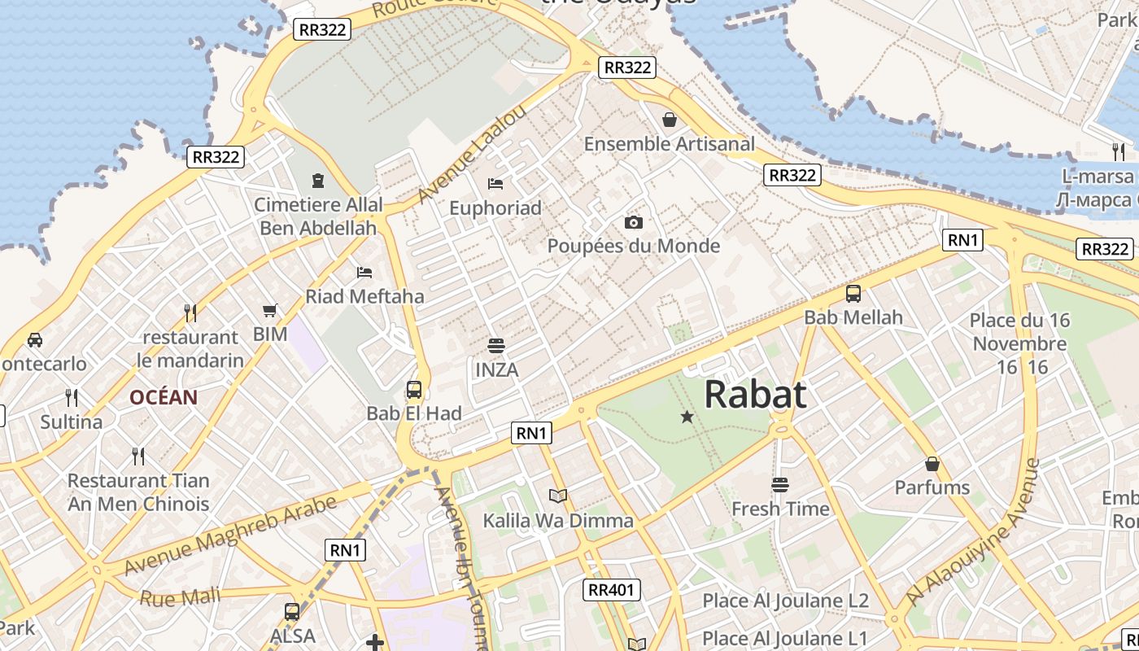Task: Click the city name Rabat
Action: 755,395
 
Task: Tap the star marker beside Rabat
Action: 687,417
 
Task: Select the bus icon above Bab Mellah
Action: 853,294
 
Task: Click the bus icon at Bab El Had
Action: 414,390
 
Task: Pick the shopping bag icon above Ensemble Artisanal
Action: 670,120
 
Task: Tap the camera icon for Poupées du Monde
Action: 634,222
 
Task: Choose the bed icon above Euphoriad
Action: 495,184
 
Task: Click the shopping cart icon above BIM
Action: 270,310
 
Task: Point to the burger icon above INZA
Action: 496,346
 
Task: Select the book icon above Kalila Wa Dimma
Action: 557,496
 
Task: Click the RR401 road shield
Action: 612,590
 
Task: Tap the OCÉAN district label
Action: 164,397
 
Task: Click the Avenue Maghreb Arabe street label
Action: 231,534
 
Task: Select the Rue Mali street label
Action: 180,597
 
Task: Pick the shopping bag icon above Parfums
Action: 932,464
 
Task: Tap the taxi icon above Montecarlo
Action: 35,339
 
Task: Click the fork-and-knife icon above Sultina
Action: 72,398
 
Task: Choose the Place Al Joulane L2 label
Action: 785,601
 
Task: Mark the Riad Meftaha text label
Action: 364,296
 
